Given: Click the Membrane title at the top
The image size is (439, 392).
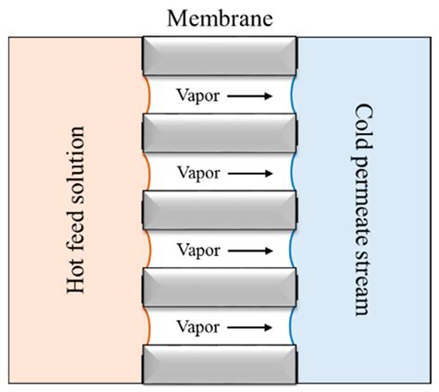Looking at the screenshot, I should pyautogui.click(x=219, y=18).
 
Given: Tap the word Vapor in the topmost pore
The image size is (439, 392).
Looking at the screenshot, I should pyautogui.click(x=196, y=94).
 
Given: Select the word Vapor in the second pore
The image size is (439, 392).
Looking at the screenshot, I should pyautogui.click(x=196, y=172).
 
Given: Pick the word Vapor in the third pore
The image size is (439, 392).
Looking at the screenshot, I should pyautogui.click(x=196, y=249).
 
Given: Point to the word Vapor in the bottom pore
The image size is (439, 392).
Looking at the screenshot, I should pyautogui.click(x=196, y=326).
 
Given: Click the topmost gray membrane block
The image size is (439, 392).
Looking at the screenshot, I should pyautogui.click(x=219, y=55).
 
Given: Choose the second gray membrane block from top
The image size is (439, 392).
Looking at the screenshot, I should pyautogui.click(x=219, y=133).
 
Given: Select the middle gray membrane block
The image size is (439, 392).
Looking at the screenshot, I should pyautogui.click(x=219, y=210).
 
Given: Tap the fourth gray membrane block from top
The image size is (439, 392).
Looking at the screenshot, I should pyautogui.click(x=219, y=288).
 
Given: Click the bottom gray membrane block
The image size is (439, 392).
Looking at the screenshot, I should pyautogui.click(x=219, y=364).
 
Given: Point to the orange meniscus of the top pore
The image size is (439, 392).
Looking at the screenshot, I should pyautogui.click(x=145, y=94).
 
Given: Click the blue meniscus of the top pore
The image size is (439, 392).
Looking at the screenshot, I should pyautogui.click(x=292, y=94).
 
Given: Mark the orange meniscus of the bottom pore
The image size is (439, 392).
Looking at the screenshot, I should pyautogui.click(x=145, y=326).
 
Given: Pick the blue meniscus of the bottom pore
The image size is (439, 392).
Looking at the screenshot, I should pyautogui.click(x=292, y=326).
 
